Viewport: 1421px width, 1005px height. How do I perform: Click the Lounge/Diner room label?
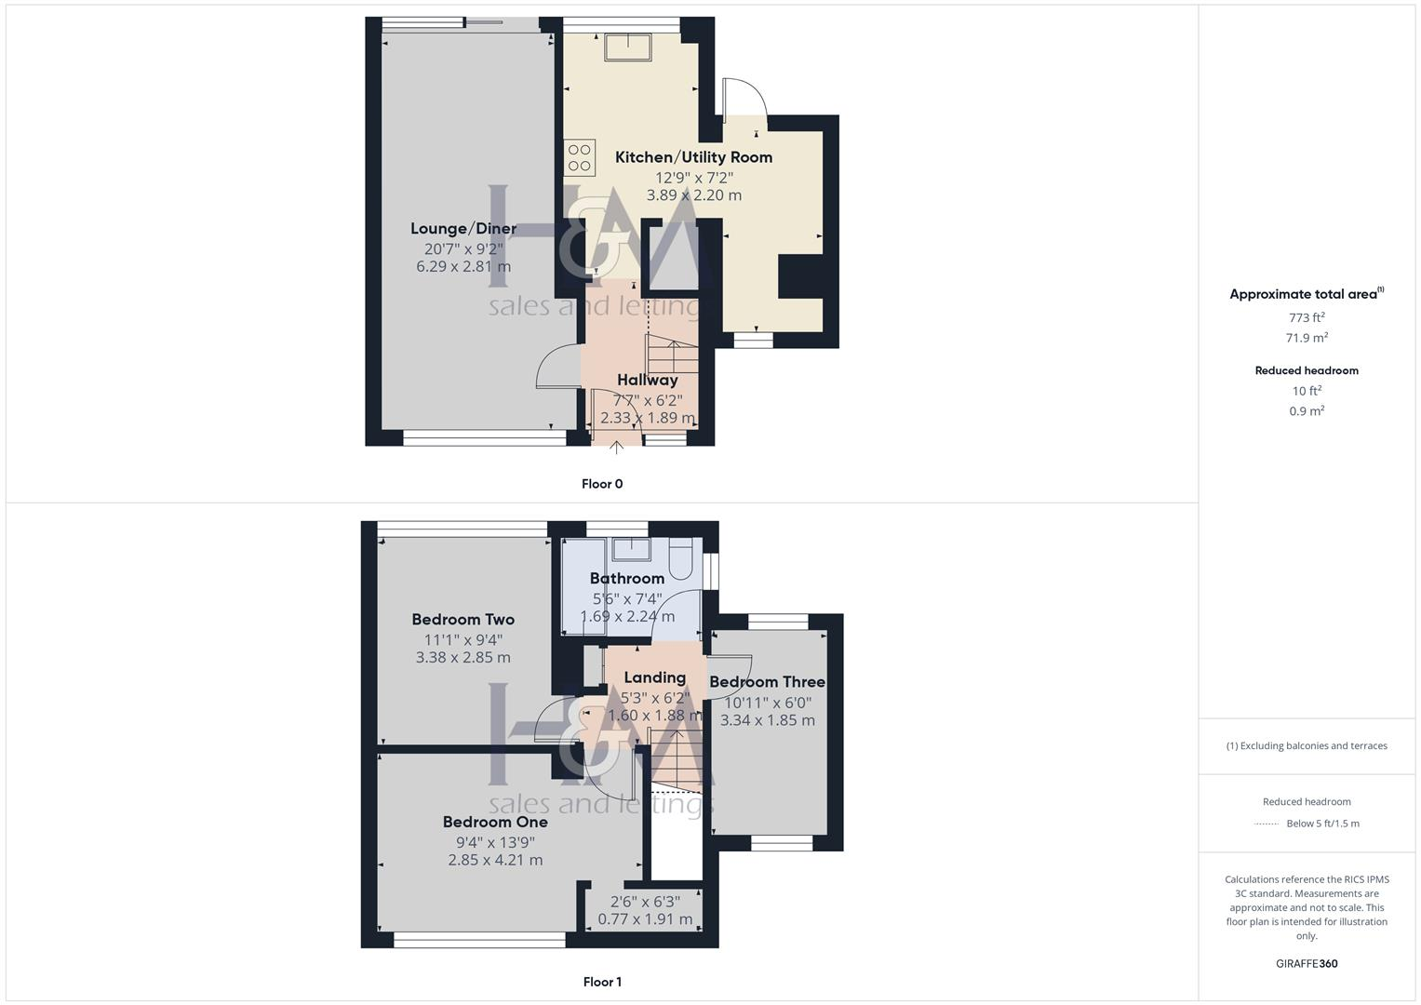(463, 229)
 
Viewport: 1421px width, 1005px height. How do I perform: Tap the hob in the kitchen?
(580, 157)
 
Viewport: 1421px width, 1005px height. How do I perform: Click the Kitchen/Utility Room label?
(693, 157)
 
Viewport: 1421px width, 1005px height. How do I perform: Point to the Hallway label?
(647, 380)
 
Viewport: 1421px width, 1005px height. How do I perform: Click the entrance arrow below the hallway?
(616, 448)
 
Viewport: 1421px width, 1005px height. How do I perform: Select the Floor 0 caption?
(602, 484)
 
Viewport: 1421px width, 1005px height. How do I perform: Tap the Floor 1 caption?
(602, 982)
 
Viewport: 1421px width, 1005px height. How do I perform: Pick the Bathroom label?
(626, 579)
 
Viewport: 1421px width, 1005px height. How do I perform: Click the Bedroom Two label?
(462, 620)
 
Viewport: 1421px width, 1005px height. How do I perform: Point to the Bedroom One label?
(494, 823)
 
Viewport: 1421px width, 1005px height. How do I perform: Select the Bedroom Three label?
(767, 682)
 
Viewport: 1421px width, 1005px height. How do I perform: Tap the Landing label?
(654, 678)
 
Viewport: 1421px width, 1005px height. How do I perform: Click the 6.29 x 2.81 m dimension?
(462, 267)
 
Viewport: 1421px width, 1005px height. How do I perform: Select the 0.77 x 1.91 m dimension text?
(645, 919)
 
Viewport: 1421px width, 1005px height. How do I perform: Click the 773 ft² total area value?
(1307, 317)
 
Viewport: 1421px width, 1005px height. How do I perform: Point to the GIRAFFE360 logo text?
(1307, 964)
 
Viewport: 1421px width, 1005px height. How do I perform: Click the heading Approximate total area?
(1303, 294)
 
